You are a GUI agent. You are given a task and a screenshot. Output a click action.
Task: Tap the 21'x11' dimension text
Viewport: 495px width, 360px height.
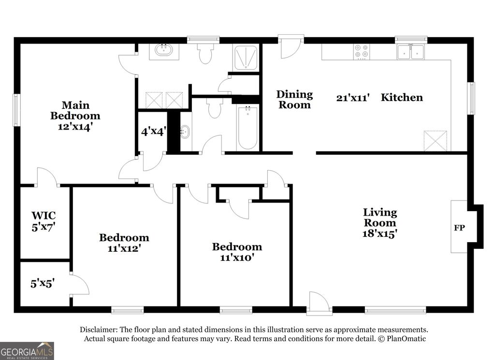coord(353,98)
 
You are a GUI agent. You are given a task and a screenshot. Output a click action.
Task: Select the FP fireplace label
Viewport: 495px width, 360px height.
coord(459,227)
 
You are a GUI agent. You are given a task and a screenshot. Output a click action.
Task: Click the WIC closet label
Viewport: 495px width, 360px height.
coord(43,215)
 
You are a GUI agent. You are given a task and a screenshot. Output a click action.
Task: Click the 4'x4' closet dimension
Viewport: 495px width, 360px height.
coord(154,131)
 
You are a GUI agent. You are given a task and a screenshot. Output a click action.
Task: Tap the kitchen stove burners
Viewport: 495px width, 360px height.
coord(361,51)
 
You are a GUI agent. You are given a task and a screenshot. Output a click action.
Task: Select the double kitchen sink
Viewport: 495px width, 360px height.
coord(410,52)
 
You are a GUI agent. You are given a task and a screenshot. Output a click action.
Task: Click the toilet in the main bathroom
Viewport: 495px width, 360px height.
coord(205,54)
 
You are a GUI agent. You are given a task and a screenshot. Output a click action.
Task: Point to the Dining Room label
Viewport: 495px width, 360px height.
coord(294,99)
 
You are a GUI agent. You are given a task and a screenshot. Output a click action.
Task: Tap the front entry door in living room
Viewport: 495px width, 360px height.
coord(319,304)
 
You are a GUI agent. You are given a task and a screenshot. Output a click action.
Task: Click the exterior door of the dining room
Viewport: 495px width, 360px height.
coord(291,47)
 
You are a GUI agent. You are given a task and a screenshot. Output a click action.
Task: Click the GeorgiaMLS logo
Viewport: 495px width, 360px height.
coord(27,351)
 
